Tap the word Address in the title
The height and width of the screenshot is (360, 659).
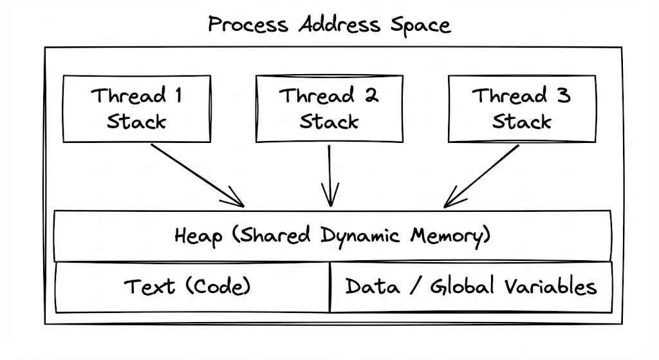[339, 25]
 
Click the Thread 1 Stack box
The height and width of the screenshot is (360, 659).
[136, 108]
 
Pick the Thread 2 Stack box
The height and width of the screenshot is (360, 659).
[329, 108]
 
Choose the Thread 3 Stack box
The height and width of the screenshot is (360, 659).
[522, 108]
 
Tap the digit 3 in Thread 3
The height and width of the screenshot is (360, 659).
[563, 97]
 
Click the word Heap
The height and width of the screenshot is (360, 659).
[195, 236]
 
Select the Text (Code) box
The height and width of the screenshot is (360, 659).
[192, 287]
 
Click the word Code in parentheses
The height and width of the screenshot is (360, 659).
[221, 287]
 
